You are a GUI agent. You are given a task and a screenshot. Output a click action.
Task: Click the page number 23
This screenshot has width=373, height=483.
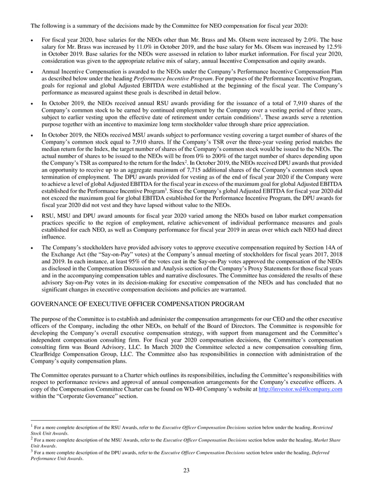point(186,472)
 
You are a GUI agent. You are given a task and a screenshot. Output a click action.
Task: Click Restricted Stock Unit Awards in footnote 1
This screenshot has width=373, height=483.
point(314,427)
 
